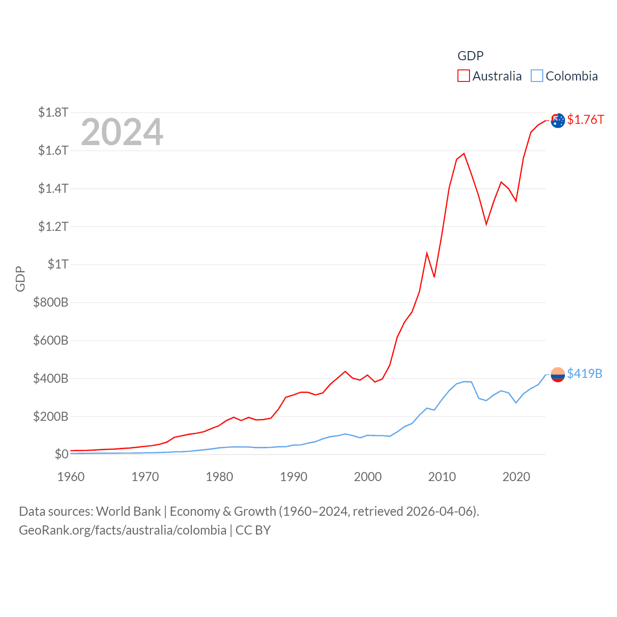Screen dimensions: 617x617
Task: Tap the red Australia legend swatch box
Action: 464,76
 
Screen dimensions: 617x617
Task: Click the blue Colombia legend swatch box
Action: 537,76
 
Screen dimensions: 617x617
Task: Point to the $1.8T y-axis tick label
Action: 53,113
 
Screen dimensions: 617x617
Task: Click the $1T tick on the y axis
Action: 58,264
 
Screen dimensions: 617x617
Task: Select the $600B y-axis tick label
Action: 51,340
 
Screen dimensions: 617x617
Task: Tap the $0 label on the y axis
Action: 61,454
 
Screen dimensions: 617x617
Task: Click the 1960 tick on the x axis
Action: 71,477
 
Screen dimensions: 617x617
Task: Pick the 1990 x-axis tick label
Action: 294,477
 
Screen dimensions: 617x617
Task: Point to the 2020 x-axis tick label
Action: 516,477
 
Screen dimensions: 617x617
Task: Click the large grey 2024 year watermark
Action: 122,132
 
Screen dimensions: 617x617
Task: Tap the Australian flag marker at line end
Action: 558,121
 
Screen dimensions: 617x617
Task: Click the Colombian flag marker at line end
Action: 558,375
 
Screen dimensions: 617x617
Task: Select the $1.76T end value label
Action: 585,120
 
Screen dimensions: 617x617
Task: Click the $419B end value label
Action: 585,374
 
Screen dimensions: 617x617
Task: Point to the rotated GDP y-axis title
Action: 20,279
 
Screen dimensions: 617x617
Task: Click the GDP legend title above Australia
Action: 470,56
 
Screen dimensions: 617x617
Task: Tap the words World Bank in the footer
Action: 129,511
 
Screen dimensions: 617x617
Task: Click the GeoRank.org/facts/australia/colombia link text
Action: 122,530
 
